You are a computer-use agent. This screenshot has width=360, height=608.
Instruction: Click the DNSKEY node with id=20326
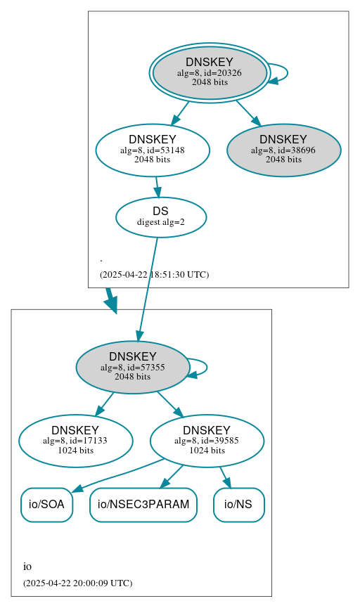click(210, 72)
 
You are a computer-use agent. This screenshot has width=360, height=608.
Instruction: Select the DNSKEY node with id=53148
click(153, 150)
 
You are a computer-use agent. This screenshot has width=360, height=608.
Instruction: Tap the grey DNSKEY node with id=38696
click(283, 150)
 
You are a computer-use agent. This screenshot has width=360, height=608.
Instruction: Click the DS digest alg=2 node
click(160, 216)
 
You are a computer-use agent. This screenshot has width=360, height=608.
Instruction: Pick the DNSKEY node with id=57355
click(132, 367)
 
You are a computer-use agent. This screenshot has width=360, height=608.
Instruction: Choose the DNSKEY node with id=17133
click(75, 441)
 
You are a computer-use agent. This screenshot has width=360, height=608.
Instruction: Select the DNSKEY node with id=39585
click(207, 441)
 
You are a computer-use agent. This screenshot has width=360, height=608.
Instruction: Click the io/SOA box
click(46, 505)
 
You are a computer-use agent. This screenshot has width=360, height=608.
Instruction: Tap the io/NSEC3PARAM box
click(143, 505)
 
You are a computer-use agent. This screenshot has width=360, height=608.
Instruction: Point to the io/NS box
click(238, 505)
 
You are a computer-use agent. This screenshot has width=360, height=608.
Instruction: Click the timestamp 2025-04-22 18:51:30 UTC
click(154, 274)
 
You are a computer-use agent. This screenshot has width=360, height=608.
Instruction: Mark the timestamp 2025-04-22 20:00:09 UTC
click(77, 583)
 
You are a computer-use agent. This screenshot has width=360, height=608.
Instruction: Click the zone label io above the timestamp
click(27, 567)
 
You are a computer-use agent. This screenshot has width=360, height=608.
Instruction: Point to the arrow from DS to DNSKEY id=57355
click(148, 288)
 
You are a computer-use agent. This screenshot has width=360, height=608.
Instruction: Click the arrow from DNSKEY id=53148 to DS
click(157, 187)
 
